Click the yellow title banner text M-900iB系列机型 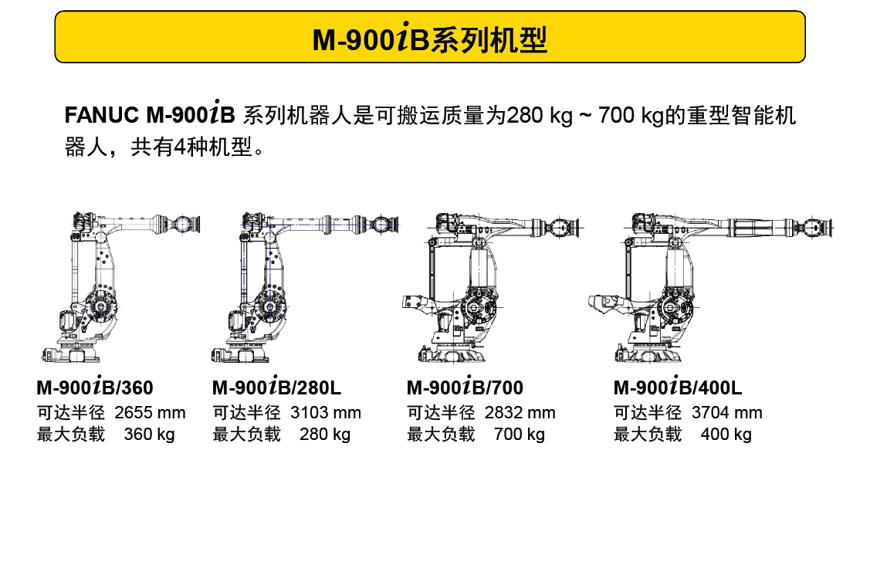[430, 39]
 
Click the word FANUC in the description [102, 115]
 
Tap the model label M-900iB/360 [95, 386]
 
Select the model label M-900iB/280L [277, 386]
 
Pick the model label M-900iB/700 [465, 386]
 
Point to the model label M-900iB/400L [678, 386]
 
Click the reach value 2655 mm [151, 413]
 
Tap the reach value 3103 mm [326, 413]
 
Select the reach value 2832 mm [520, 413]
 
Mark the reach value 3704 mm [727, 413]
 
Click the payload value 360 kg [149, 434]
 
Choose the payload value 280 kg [325, 434]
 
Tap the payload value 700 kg [520, 434]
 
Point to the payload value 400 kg [726, 434]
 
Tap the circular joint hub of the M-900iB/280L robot [270, 306]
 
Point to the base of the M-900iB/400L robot [649, 353]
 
